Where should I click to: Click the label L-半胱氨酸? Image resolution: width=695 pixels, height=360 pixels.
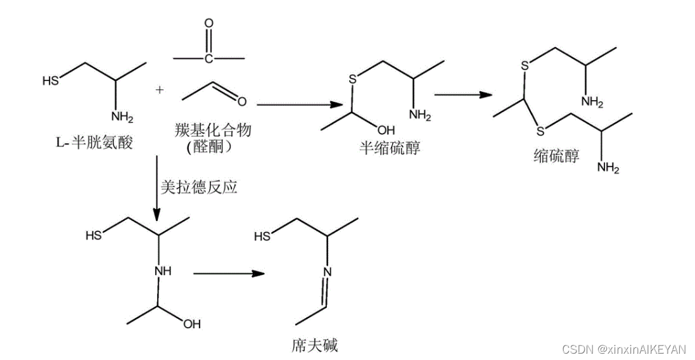pyautogui.click(x=94, y=143)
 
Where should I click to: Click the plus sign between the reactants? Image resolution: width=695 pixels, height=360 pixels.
pyautogui.click(x=160, y=90)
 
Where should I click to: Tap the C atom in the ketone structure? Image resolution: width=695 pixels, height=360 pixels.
pyautogui.click(x=208, y=59)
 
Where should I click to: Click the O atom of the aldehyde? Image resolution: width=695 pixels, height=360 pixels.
pyautogui.click(x=242, y=100)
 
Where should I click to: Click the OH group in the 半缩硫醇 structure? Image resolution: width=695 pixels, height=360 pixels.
pyautogui.click(x=386, y=130)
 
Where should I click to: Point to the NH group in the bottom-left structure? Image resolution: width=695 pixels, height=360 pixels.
pyautogui.click(x=163, y=271)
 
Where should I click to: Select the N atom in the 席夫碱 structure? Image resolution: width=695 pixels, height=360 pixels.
pyautogui.click(x=328, y=273)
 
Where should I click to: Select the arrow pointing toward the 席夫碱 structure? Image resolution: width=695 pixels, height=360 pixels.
pyautogui.click(x=227, y=274)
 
